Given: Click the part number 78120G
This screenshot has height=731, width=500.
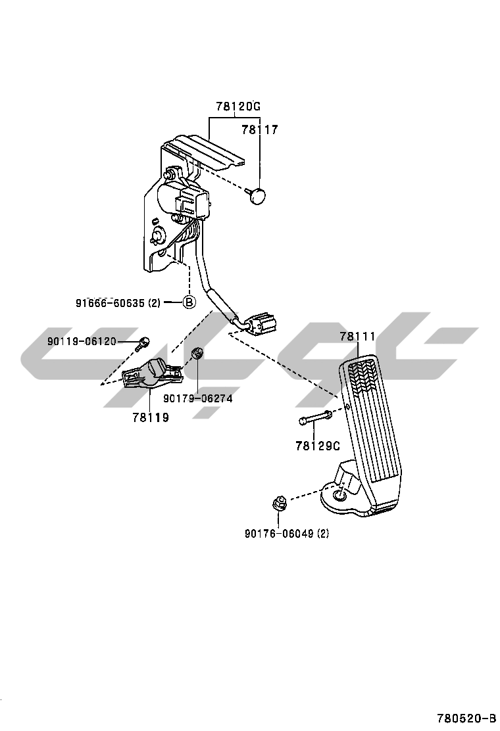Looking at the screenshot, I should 238,107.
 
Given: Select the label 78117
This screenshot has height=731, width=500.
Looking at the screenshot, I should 259,130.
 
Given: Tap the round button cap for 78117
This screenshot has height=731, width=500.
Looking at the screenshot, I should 260,195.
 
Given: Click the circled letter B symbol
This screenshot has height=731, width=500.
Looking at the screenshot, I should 189,302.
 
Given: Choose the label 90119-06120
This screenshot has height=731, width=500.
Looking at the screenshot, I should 82,341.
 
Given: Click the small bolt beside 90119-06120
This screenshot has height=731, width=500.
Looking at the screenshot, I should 143,342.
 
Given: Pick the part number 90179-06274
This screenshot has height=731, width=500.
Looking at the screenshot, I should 197,398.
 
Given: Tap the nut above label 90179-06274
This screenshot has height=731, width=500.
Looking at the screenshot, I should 197,355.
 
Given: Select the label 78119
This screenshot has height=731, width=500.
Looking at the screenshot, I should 150,417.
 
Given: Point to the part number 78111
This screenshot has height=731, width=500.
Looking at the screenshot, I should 357,337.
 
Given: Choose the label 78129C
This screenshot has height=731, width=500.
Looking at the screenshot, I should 317,446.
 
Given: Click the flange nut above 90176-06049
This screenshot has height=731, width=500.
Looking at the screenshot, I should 279,505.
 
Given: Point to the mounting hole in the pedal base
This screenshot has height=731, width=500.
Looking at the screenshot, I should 339,496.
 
